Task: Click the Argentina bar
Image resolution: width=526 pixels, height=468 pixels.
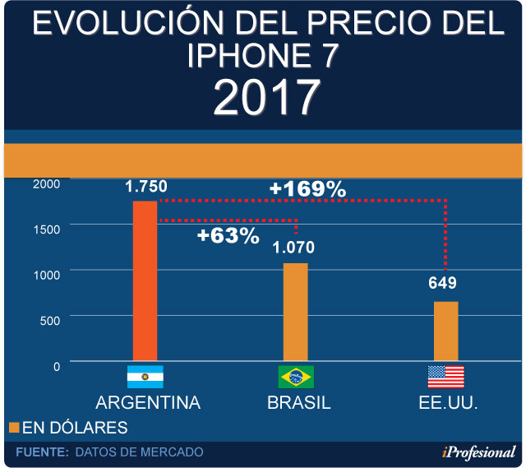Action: [145, 280]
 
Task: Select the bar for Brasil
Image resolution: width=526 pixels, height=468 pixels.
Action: [296, 312]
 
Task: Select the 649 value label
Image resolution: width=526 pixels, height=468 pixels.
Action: [442, 284]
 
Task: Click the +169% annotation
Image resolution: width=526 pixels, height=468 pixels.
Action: [307, 189]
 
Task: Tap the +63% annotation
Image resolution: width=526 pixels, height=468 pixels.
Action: [228, 236]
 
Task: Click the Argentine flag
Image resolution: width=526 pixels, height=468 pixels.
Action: [145, 377]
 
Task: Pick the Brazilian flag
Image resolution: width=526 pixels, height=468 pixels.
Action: [296, 377]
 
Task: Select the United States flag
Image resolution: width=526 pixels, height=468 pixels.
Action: [445, 377]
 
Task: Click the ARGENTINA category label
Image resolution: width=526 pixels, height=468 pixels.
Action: [148, 403]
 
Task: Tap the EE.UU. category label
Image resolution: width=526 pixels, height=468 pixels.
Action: [447, 403]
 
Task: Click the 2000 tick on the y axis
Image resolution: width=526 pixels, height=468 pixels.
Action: [46, 183]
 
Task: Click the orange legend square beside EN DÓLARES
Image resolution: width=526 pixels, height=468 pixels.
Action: [13, 428]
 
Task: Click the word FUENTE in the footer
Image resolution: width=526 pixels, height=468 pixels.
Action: [41, 452]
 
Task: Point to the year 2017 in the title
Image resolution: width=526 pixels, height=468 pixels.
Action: [265, 97]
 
